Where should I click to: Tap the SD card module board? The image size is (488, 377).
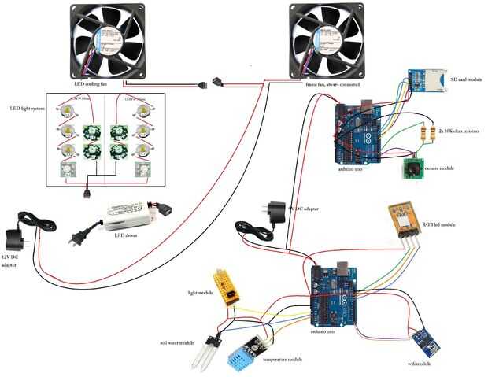(x=423, y=81)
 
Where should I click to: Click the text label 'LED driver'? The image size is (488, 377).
(x=128, y=235)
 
